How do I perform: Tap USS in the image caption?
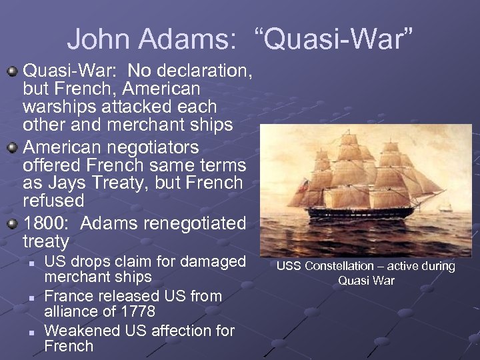[288, 267]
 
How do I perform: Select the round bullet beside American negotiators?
[13, 145]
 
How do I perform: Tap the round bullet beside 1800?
[13, 223]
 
